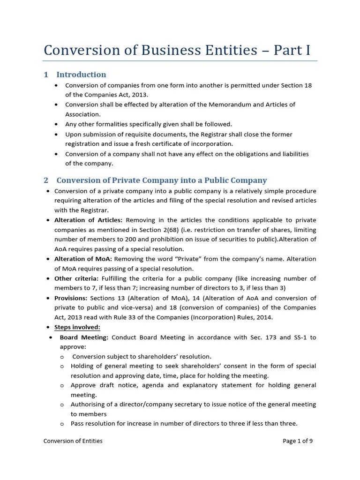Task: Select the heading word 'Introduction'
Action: [x=81, y=75]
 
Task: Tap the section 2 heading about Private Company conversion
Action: [x=162, y=180]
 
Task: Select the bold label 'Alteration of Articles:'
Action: [x=88, y=220]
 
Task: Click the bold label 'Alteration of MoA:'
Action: [x=83, y=259]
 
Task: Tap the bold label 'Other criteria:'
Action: [x=76, y=278]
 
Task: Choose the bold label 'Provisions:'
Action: [x=71, y=298]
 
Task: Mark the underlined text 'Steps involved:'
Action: [x=77, y=327]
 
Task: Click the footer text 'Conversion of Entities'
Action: [x=73, y=441]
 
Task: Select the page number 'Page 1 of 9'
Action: [x=298, y=441]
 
